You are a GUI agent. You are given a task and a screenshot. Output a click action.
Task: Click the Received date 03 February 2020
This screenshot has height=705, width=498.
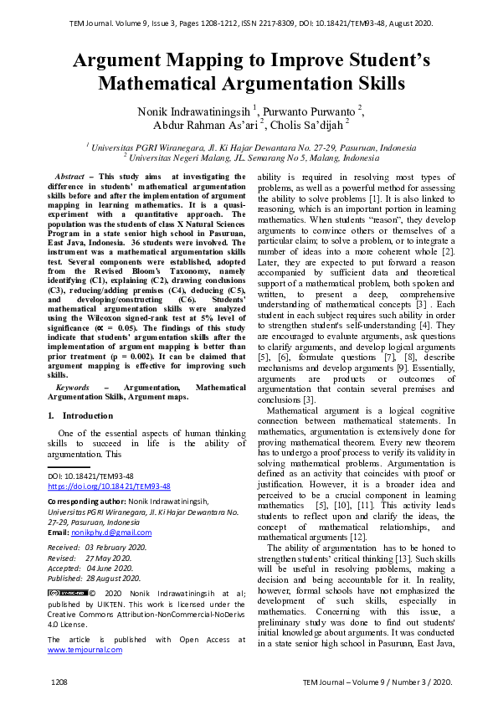[x=115, y=547]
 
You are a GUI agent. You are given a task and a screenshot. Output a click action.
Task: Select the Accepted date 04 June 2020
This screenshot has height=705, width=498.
[x=109, y=568]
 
